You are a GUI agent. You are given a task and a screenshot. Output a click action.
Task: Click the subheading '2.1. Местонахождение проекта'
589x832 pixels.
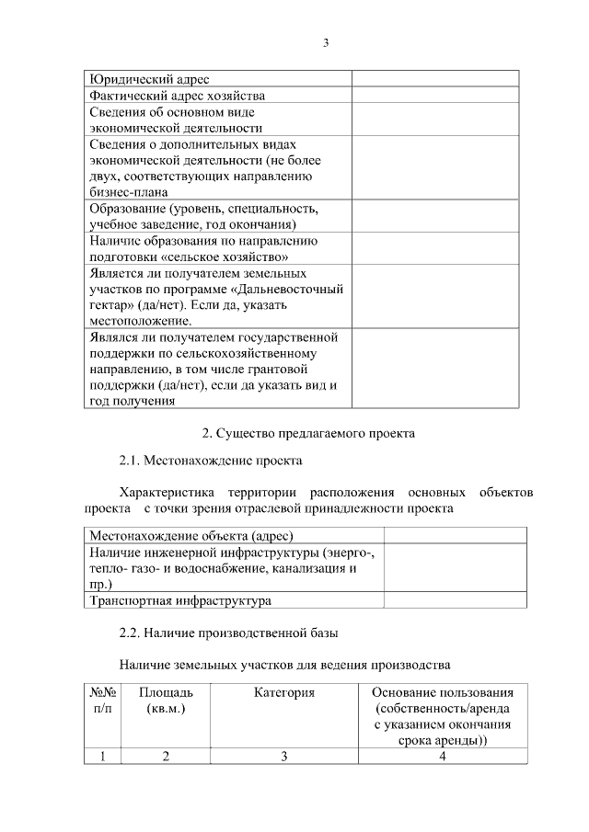pyautogui.click(x=211, y=460)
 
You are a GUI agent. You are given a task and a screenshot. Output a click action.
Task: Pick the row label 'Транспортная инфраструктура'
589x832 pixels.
pyautogui.click(x=180, y=600)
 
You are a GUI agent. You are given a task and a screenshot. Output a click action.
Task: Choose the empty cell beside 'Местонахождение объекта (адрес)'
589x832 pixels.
pyautogui.click(x=455, y=535)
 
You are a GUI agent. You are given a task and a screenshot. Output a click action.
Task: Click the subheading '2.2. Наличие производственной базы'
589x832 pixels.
pyautogui.click(x=229, y=633)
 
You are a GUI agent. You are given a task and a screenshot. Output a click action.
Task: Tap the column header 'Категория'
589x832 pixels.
pyautogui.click(x=284, y=691)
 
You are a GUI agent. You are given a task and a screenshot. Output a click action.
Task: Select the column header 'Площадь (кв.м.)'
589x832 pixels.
pyautogui.click(x=166, y=700)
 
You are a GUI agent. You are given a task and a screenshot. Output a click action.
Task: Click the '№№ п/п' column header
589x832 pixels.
pyautogui.click(x=102, y=700)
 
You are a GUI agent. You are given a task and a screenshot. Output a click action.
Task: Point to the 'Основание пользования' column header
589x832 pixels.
pyautogui.click(x=443, y=691)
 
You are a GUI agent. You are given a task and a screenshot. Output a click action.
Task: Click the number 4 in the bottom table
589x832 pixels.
pyautogui.click(x=443, y=756)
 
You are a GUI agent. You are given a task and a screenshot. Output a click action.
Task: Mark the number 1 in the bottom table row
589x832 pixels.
pyautogui.click(x=103, y=756)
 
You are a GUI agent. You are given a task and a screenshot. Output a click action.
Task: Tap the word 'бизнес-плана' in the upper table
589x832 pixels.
pyautogui.click(x=129, y=192)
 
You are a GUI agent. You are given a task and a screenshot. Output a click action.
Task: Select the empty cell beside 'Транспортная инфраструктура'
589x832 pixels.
pyautogui.click(x=455, y=600)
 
